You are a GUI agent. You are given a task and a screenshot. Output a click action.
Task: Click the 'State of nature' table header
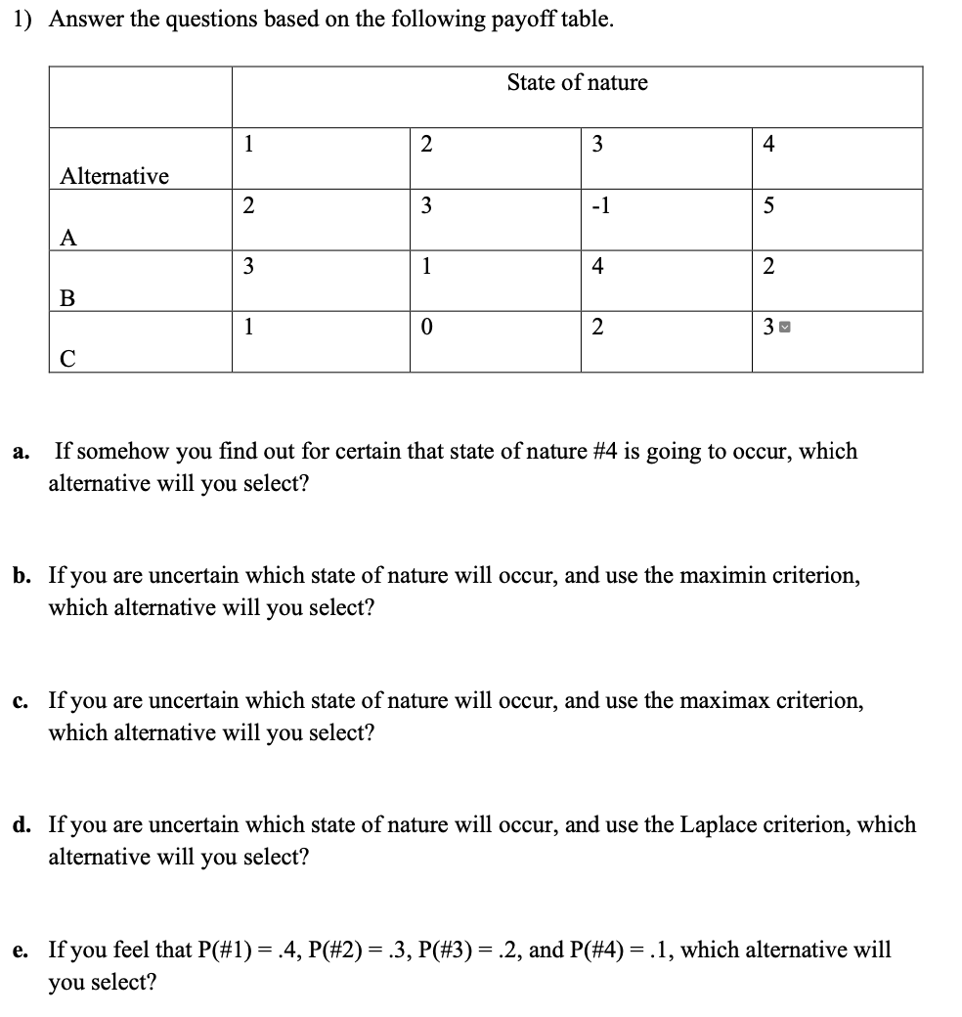point(577,83)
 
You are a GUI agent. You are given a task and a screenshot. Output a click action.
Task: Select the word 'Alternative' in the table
point(114,176)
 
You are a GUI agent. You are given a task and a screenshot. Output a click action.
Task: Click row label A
point(67,238)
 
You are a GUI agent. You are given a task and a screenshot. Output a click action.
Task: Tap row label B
point(67,298)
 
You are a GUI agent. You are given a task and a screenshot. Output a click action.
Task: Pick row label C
point(67,359)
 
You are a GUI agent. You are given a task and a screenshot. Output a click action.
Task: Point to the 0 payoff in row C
point(426,328)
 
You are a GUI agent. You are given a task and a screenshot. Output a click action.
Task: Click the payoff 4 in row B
point(597,267)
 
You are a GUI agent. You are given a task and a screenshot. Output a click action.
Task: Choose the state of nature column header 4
point(767,145)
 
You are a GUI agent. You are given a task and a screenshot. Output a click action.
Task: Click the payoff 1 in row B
point(426,267)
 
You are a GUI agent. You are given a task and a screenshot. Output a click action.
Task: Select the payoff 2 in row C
point(597,328)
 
